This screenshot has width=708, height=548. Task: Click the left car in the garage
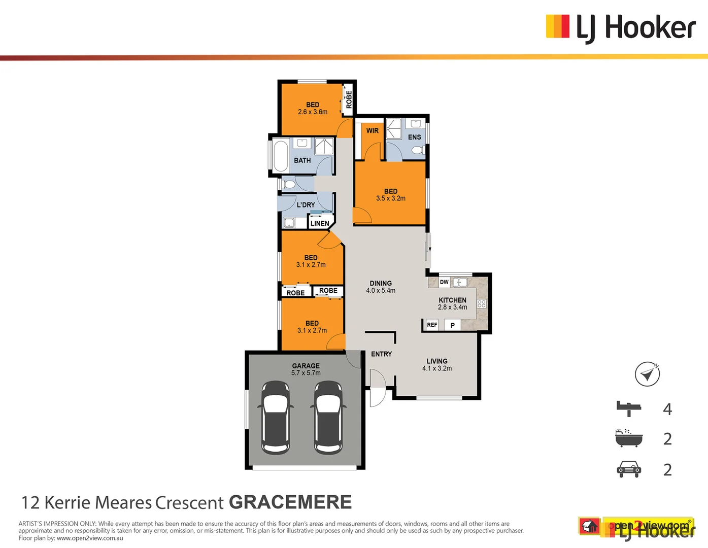(276, 418)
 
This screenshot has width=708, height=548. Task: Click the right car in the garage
(328, 418)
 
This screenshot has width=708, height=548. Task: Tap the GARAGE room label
(306, 366)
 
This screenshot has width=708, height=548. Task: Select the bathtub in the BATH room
(280, 156)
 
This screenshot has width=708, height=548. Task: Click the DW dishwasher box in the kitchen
(444, 282)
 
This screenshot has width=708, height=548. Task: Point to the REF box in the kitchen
(432, 325)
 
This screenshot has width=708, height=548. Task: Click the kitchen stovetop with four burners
(482, 304)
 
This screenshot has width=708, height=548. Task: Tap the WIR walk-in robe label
(373, 131)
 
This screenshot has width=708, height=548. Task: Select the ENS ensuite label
(414, 137)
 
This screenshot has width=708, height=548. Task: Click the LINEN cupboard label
(320, 223)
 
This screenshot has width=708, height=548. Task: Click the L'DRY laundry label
(306, 205)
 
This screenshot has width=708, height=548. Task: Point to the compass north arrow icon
(647, 374)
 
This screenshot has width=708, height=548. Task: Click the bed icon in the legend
(629, 408)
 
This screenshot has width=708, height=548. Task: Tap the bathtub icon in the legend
(629, 438)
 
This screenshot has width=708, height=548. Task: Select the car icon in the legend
(629, 469)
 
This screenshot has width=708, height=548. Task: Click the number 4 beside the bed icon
(667, 409)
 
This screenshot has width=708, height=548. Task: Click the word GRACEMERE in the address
(290, 502)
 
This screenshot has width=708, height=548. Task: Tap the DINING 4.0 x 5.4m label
(381, 287)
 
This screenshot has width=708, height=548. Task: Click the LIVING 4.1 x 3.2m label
(437, 365)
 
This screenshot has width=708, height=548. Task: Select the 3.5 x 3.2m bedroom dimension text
(391, 198)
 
